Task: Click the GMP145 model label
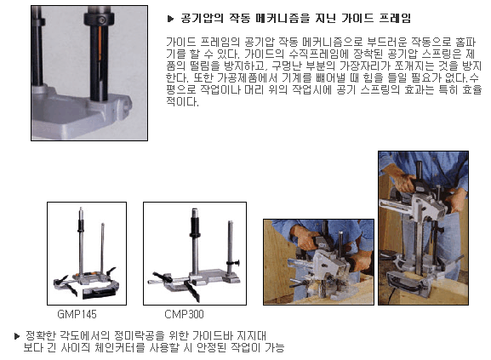tap(77, 314)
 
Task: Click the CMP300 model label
tap(184, 314)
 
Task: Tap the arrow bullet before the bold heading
tap(170, 19)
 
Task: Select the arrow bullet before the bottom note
tap(17, 336)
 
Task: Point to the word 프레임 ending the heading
tap(395, 18)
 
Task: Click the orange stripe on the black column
tap(100, 43)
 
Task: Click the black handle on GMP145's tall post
tap(81, 226)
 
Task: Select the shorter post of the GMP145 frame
tap(102, 248)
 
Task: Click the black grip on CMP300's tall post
tap(195, 226)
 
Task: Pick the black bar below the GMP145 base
tap(98, 294)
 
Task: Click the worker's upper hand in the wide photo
tap(303, 237)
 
